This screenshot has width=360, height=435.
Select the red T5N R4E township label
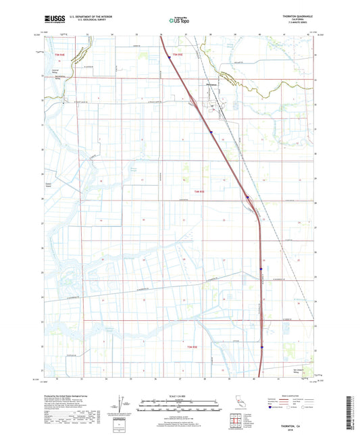pos(58,54)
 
